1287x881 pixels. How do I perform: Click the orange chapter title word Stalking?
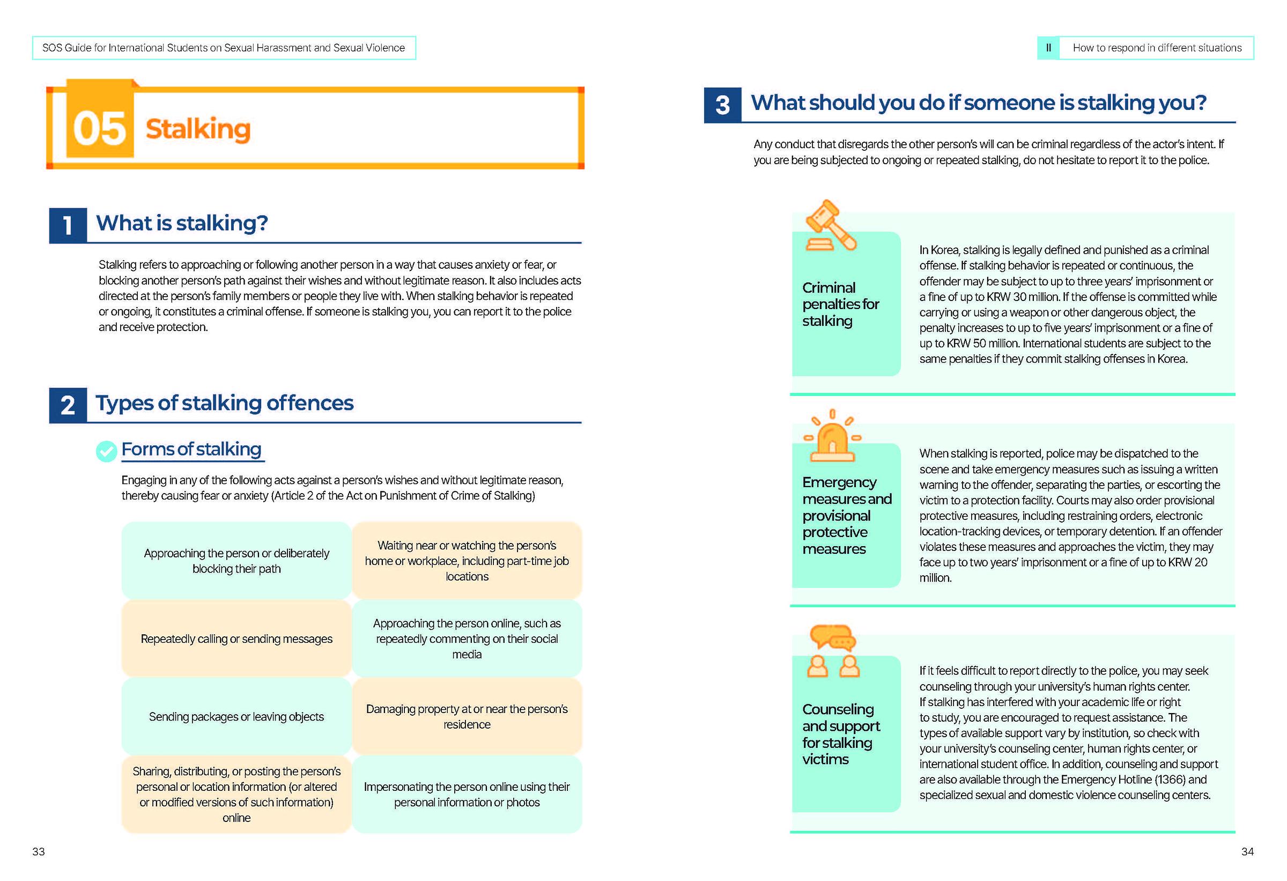pyautogui.click(x=198, y=129)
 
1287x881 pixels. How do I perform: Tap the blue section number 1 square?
pyautogui.click(x=68, y=225)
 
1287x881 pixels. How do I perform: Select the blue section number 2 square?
pyautogui.click(x=68, y=406)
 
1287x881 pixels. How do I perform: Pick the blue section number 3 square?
pyautogui.click(x=722, y=105)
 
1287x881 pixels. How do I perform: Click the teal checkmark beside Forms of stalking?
pyautogui.click(x=106, y=451)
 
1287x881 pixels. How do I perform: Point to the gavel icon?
pyautogui.click(x=830, y=225)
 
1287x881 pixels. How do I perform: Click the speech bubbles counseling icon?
pyautogui.click(x=832, y=651)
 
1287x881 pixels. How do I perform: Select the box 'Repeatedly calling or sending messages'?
pyautogui.click(x=236, y=639)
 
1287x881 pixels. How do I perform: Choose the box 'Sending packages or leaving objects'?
pyautogui.click(x=236, y=716)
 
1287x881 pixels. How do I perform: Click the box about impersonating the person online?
pyautogui.click(x=467, y=794)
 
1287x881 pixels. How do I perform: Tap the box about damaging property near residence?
pyautogui.click(x=467, y=716)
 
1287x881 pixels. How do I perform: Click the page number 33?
pyautogui.click(x=38, y=851)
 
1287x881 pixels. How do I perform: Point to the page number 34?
pyautogui.click(x=1247, y=851)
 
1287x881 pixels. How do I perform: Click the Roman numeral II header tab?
pyautogui.click(x=1048, y=48)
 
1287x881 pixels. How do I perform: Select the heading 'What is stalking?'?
pyautogui.click(x=182, y=223)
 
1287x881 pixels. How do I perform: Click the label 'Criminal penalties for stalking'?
pyautogui.click(x=840, y=304)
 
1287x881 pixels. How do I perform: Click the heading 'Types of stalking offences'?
pyautogui.click(x=224, y=403)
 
